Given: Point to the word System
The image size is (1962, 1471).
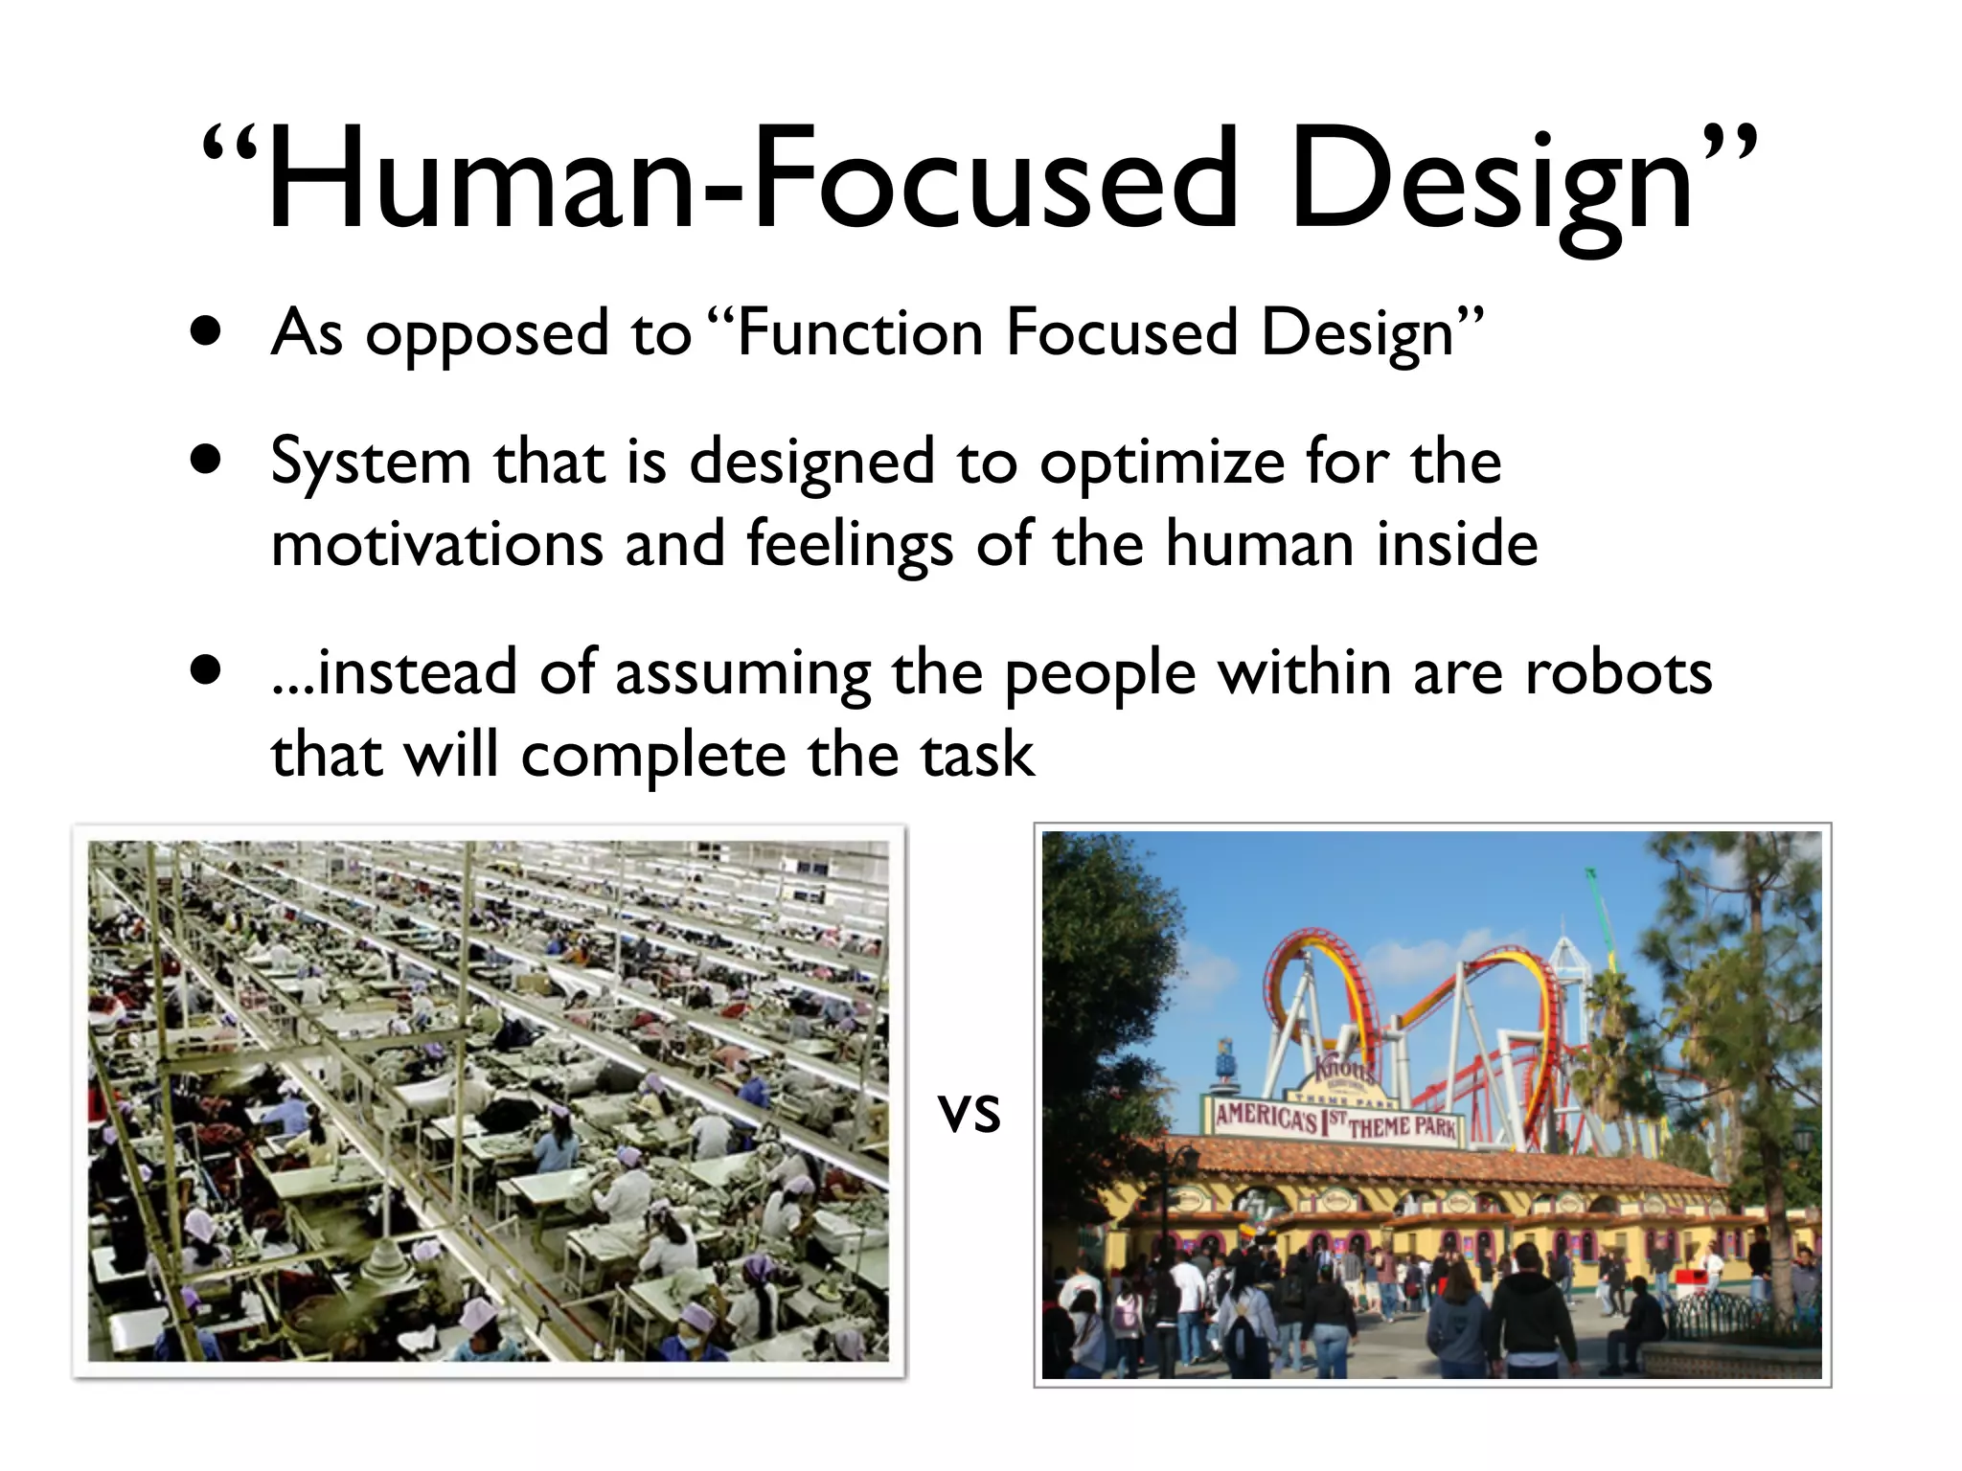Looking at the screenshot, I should click(371, 464).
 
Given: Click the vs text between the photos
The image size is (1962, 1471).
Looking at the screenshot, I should click(970, 1113).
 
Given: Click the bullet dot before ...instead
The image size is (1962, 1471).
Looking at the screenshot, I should click(205, 671).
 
